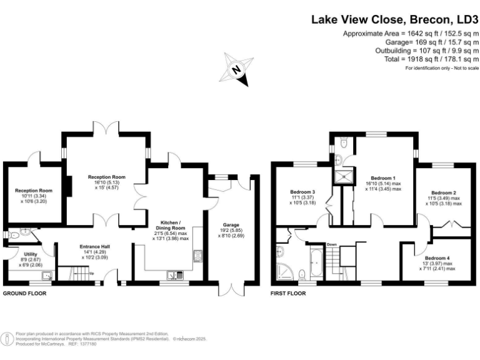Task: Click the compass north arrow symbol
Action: click(x=236, y=71)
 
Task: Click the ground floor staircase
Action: click(x=75, y=273)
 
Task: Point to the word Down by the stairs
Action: click(x=332, y=244)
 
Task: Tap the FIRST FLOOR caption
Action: click(x=287, y=292)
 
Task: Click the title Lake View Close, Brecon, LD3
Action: click(x=390, y=19)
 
